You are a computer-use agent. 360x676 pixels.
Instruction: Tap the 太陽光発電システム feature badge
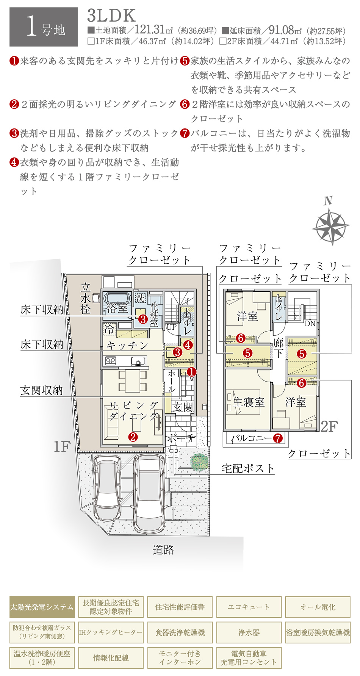(42, 607)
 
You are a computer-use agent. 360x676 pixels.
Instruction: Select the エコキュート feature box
(249, 607)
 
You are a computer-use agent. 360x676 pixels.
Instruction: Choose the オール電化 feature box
(318, 607)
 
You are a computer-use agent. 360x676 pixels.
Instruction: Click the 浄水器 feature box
(249, 632)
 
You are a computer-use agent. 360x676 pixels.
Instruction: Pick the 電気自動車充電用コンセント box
(249, 658)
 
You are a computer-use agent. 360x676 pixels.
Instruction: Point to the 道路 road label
(163, 550)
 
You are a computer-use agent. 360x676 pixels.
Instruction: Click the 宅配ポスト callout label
(248, 468)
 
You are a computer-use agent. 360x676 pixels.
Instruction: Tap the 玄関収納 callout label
(42, 390)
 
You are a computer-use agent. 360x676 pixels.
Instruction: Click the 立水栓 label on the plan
(86, 299)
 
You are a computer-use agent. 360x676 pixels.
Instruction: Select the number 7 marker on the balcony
(278, 438)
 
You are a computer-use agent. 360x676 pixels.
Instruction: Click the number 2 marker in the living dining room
(133, 437)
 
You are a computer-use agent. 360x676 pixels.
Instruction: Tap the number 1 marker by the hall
(192, 372)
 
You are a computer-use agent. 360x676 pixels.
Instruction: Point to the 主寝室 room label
(249, 402)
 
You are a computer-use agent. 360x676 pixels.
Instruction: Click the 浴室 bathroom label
(117, 308)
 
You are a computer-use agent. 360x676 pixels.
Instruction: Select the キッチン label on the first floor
(127, 345)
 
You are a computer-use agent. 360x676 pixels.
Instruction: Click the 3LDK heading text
(111, 16)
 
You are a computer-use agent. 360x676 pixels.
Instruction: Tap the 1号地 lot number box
(44, 27)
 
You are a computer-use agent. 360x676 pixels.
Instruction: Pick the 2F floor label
(329, 427)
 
